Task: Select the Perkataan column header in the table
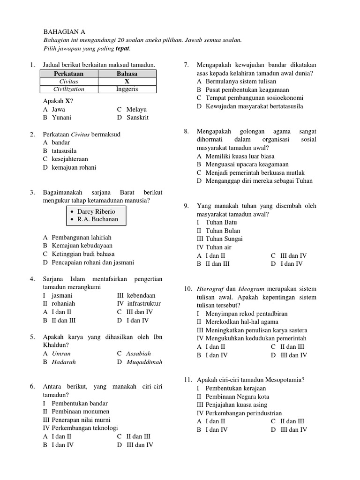[68, 74]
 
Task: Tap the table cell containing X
[127, 82]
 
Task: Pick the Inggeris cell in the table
[127, 89]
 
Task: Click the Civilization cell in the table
[68, 89]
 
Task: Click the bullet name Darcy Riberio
[96, 211]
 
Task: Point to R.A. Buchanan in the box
[98, 219]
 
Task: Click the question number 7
[186, 65]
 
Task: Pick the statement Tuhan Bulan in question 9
[223, 231]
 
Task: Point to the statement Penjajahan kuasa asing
[240, 405]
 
